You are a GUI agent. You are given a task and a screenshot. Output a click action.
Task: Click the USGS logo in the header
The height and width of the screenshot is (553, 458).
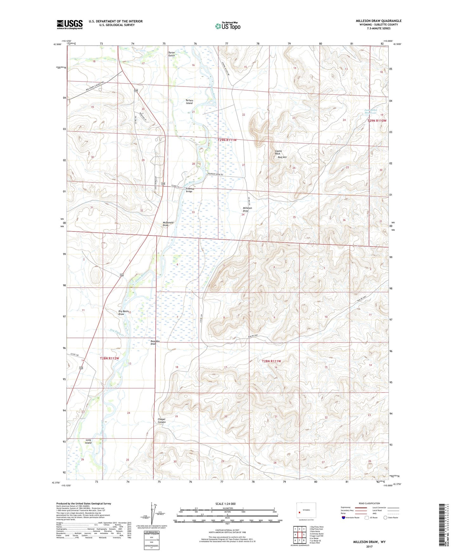70,24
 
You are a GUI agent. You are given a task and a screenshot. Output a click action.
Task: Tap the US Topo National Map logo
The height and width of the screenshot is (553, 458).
228,26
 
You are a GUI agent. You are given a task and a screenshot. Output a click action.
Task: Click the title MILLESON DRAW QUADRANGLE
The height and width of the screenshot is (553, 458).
378,21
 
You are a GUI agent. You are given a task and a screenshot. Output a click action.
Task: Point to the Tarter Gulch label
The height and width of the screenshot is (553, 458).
171,54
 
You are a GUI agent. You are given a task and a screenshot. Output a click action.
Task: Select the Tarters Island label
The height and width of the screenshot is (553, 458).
189,102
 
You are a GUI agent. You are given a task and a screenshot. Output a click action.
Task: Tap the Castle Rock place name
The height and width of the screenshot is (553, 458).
278,152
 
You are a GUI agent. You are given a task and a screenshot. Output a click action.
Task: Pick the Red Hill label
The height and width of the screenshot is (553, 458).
282,157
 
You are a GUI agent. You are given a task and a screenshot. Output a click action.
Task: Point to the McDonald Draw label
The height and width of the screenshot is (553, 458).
168,224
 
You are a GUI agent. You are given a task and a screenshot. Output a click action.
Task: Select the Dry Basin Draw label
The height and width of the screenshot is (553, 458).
123,313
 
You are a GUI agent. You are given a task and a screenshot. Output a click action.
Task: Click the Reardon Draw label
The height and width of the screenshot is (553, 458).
155,342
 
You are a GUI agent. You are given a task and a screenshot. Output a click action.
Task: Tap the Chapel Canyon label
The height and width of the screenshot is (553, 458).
161,421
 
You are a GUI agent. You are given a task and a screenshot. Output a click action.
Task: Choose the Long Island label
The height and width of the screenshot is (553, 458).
88,441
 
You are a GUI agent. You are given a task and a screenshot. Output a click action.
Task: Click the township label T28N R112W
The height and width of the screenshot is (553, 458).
109,359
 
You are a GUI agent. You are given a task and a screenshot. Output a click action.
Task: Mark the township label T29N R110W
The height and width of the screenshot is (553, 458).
377,121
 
